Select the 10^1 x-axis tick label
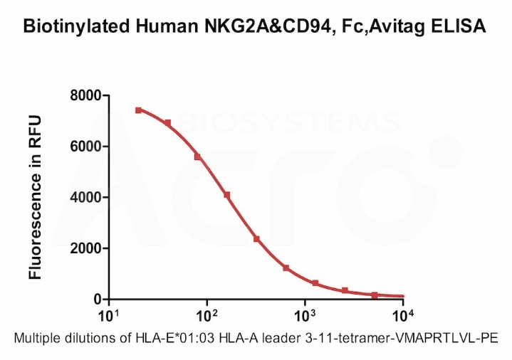pos(109,315)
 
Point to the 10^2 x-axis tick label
pos(207,315)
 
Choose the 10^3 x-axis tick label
pos(305,315)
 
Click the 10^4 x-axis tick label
pos(403,315)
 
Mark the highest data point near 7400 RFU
pos(138,110)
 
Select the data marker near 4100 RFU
pos(226,195)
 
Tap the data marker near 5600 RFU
pos(197,157)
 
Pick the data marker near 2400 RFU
pos(256,239)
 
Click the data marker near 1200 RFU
pos(286,268)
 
